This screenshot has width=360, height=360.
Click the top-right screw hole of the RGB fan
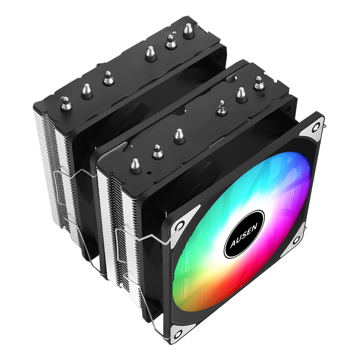(316, 127)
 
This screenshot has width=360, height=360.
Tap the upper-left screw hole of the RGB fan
(180, 225)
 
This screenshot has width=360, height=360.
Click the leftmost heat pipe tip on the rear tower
(66, 103)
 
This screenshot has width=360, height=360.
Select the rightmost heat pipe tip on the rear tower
(189, 31)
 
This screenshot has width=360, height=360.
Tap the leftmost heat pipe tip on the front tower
(136, 166)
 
